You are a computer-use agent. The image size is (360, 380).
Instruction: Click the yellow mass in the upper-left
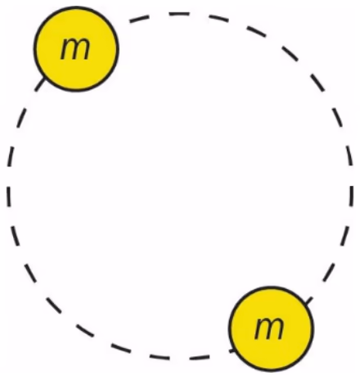click(x=76, y=49)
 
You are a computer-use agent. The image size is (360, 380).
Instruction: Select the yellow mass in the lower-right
click(x=271, y=329)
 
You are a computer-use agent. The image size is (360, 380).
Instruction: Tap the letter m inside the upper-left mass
click(x=75, y=48)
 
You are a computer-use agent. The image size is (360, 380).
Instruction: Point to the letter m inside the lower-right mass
click(x=269, y=328)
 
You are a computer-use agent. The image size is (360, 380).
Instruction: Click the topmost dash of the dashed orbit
click(x=179, y=14)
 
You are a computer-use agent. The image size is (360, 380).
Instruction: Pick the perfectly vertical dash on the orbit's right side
click(x=351, y=196)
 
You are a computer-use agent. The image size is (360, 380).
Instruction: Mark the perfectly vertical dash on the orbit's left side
click(x=9, y=197)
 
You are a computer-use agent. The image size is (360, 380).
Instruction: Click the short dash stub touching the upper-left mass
click(x=40, y=84)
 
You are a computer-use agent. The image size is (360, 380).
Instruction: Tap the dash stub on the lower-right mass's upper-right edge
click(x=308, y=301)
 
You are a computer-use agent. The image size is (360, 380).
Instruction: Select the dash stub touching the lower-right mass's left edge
click(x=232, y=351)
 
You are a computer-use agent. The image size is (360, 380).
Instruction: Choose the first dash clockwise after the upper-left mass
click(x=139, y=19)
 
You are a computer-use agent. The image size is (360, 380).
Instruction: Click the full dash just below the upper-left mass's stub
click(x=22, y=118)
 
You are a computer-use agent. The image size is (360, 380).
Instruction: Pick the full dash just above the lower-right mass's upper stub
click(x=328, y=272)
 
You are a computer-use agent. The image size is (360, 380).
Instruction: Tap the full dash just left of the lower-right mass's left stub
click(x=200, y=357)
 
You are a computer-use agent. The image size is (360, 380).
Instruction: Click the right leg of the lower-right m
click(x=280, y=329)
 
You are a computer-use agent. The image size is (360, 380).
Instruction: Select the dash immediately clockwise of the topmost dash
click(x=219, y=18)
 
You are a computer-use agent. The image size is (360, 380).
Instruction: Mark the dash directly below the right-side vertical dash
click(x=344, y=236)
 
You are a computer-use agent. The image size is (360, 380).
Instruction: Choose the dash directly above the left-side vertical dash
click(x=10, y=156)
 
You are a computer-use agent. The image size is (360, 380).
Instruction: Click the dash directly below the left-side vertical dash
click(x=16, y=236)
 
